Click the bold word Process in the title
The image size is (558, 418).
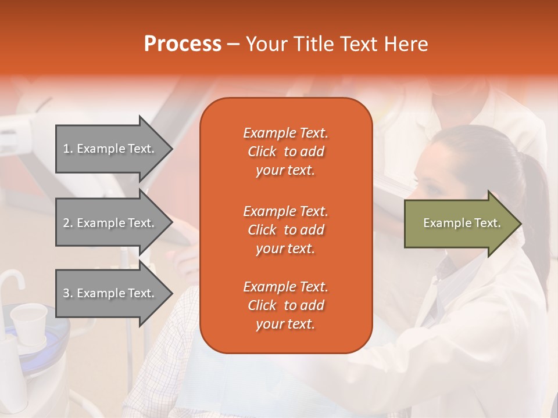tap(183, 44)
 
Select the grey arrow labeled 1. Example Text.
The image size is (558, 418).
tap(110, 149)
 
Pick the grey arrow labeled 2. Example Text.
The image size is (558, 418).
tap(110, 223)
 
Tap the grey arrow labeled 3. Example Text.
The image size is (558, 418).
tap(110, 293)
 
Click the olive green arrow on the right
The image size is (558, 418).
tap(459, 223)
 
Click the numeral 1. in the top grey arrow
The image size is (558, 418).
tap(68, 149)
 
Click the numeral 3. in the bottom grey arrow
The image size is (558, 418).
tap(68, 293)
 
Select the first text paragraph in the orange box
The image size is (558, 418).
tap(285, 152)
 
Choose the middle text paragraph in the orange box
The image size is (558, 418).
tap(285, 230)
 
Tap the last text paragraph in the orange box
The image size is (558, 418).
tap(285, 305)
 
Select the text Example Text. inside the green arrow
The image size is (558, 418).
tap(462, 223)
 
